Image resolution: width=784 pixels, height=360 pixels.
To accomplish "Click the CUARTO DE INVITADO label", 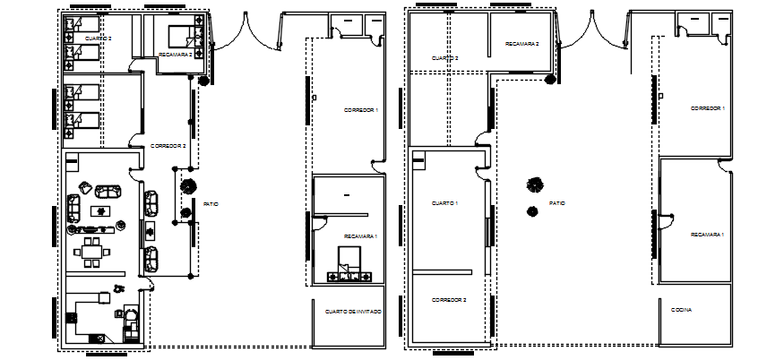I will coord(350,311).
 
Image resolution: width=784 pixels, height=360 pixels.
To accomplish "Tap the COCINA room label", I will coord(681,310).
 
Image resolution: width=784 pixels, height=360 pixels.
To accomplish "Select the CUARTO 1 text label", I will coord(445,203).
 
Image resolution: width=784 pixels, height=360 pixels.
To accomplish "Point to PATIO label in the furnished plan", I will coord(211,203).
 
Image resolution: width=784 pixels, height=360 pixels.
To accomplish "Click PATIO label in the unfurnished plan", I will coord(556,203).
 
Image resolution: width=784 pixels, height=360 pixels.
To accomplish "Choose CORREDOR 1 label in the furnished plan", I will coord(361,109).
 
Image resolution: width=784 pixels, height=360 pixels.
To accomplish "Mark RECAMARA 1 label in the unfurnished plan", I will coord(707,234).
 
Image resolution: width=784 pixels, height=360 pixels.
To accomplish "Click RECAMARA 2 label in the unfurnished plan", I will coord(521,43).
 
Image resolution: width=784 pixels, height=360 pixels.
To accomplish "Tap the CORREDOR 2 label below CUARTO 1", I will coord(448,299).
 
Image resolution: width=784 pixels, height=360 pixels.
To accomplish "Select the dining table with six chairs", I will coord(91,248).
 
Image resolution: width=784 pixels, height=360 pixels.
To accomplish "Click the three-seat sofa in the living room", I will coord(108,191).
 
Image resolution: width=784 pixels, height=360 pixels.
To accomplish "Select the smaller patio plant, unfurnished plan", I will coord(532,211).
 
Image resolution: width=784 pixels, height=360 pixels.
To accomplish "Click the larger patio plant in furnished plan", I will coord(189,187).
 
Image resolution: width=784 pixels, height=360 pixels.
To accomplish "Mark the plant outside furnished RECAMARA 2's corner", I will coord(204,81).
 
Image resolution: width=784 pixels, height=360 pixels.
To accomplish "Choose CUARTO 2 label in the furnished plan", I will coord(99,39).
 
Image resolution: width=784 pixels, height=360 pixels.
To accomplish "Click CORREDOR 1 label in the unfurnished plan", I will coord(707,107).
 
